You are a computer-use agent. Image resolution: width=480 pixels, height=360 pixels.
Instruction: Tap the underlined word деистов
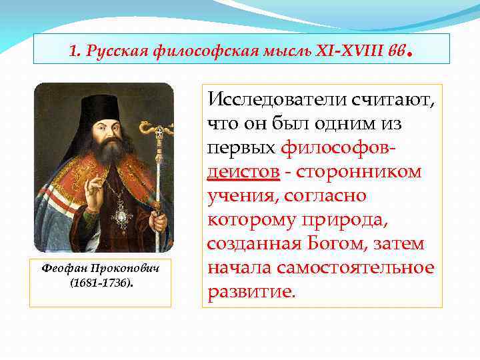tap(243, 171)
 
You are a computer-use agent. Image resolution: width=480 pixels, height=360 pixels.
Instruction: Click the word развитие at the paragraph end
tap(249, 292)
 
